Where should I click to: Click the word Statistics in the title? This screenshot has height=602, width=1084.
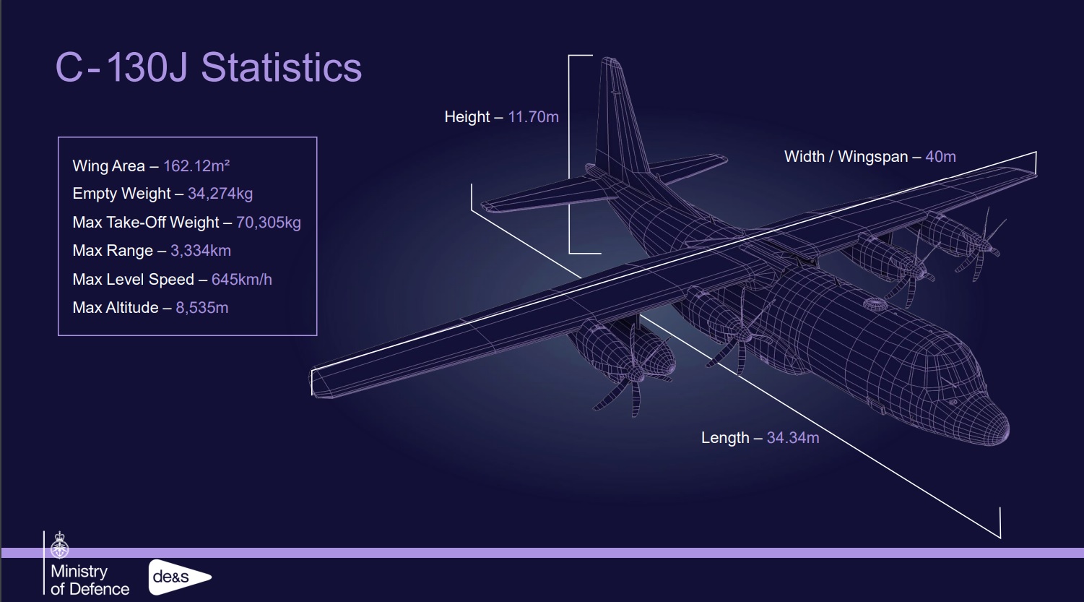click(x=281, y=67)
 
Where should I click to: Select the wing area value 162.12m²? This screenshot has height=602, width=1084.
click(x=196, y=165)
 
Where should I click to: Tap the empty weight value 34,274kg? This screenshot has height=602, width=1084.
click(x=220, y=194)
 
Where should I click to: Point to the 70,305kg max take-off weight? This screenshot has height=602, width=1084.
click(x=269, y=223)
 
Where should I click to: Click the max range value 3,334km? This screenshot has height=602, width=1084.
click(x=201, y=250)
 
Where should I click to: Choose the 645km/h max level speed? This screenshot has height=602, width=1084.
click(x=242, y=280)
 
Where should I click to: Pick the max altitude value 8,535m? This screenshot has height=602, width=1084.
click(x=201, y=308)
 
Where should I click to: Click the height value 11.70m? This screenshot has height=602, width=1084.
click(x=533, y=117)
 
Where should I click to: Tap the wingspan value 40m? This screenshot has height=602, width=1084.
click(x=941, y=156)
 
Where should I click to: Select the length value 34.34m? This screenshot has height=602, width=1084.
click(x=793, y=438)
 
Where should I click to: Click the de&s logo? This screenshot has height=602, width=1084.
click(x=180, y=577)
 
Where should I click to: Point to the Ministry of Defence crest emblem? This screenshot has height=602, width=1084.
click(x=59, y=546)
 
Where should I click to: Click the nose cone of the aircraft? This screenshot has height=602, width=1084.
click(x=992, y=426)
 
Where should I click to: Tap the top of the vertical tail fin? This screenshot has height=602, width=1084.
click(x=611, y=60)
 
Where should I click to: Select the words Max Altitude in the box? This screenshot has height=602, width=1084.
click(x=116, y=308)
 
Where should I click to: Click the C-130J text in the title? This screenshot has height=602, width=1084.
click(x=121, y=67)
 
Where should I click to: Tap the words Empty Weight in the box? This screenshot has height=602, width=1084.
click(x=121, y=194)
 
